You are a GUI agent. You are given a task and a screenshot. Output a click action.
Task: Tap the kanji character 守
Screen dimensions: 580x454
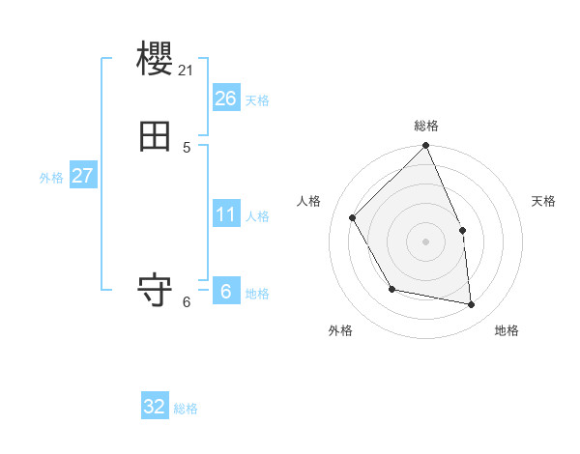156,291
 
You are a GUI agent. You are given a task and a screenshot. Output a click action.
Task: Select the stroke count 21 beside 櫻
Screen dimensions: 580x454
187,70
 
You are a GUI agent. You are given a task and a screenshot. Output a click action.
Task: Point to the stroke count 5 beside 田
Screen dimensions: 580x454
187,147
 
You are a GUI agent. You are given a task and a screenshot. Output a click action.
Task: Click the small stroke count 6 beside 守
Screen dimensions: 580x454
187,301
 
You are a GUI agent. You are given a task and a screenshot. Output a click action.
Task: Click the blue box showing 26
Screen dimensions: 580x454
226,98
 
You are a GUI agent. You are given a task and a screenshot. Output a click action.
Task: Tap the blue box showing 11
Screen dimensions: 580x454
226,213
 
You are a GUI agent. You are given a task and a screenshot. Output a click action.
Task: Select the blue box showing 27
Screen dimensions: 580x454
83,176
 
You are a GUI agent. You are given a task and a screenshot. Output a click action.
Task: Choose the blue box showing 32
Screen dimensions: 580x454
155,407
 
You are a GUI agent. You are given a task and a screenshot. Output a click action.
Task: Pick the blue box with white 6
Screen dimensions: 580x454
226,291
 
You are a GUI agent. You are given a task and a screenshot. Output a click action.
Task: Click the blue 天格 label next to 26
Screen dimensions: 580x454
257,100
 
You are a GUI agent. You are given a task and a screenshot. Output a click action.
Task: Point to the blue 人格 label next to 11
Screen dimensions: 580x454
257,216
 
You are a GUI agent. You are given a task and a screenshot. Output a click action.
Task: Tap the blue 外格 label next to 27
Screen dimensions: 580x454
51,178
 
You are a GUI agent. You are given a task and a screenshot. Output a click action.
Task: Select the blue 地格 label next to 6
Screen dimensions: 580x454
257,294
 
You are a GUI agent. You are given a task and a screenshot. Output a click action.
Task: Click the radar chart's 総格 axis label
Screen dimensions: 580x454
425,126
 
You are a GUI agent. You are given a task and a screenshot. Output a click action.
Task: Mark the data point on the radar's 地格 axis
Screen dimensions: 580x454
472,305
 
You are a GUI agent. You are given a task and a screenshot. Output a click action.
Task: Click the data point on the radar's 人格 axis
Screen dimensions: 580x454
353,217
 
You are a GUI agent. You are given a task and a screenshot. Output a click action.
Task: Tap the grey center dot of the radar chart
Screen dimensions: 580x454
425,241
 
